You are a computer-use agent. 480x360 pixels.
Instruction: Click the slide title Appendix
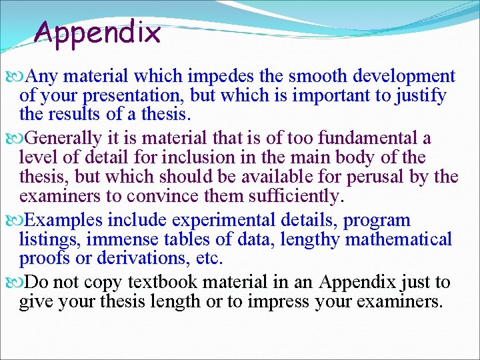(98, 33)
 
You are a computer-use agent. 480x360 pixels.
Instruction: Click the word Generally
(65, 139)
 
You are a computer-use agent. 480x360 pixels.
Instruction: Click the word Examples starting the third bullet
(65, 220)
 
